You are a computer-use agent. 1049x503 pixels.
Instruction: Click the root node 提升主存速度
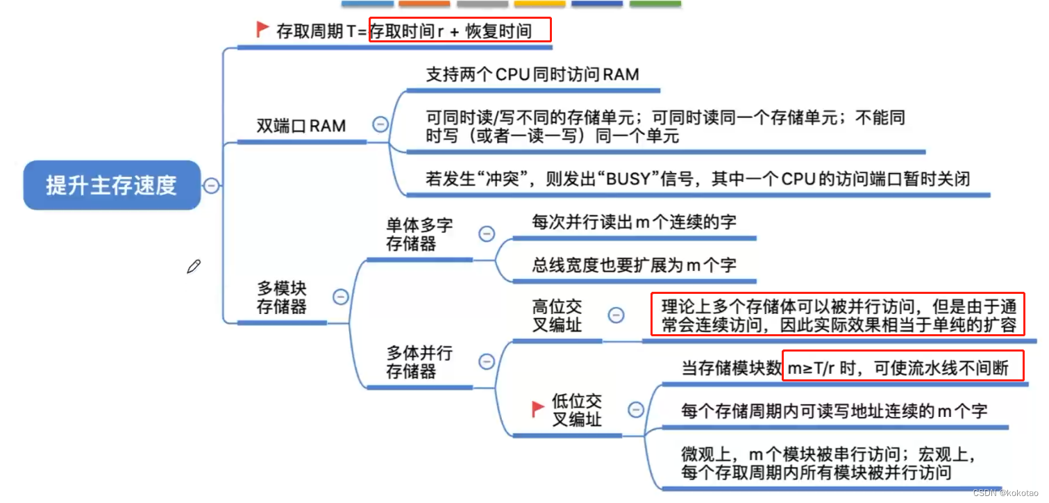(x=112, y=185)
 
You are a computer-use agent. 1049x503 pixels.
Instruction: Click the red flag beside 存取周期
(x=262, y=29)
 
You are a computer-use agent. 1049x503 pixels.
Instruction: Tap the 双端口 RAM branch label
(x=301, y=126)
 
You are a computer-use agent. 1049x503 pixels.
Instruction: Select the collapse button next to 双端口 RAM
(x=380, y=124)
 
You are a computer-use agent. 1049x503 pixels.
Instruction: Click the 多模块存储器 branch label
(x=282, y=297)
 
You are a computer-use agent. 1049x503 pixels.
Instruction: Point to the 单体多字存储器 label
(x=419, y=234)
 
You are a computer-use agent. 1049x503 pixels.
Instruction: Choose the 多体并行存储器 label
(x=419, y=362)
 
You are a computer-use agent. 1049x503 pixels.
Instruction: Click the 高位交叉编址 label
(x=557, y=315)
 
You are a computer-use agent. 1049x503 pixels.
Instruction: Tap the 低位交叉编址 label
(x=576, y=410)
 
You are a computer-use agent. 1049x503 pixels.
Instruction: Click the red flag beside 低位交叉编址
(x=537, y=409)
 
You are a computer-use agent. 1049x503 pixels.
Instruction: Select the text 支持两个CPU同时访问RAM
(x=532, y=74)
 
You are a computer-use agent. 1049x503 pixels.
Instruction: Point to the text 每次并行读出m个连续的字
(x=634, y=222)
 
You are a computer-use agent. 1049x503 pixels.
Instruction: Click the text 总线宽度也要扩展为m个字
(x=634, y=265)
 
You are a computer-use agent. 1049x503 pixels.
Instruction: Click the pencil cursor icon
(x=194, y=267)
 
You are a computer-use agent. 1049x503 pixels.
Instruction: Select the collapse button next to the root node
(x=211, y=185)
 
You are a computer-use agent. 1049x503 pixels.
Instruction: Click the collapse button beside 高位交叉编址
(x=616, y=315)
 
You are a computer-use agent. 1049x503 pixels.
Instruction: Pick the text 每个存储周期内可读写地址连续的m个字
(x=834, y=411)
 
